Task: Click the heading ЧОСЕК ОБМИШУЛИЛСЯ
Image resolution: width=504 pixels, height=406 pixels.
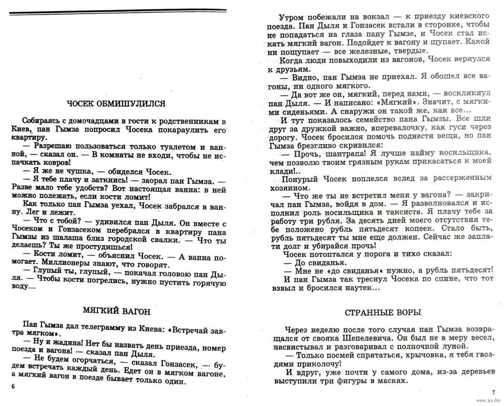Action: (x=116, y=104)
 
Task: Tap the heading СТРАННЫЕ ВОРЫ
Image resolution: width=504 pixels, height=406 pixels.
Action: (x=383, y=312)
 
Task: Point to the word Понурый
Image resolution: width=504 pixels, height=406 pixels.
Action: (x=300, y=179)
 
